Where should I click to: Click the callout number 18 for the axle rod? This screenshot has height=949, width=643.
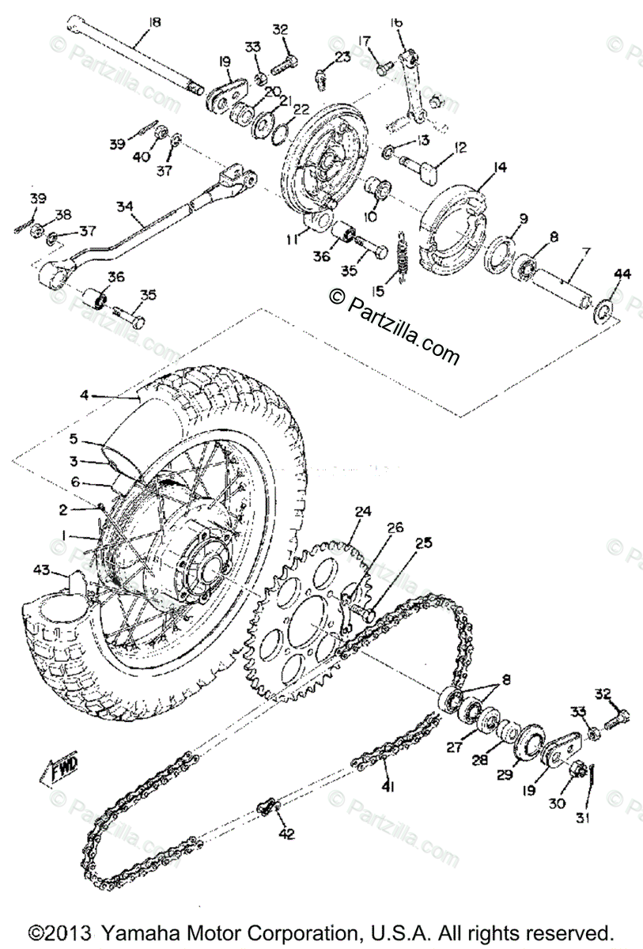tap(154, 22)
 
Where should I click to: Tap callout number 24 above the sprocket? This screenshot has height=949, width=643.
tap(362, 511)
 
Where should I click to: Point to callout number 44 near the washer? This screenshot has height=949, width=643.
tap(622, 274)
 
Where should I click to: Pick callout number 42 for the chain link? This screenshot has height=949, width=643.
tap(284, 834)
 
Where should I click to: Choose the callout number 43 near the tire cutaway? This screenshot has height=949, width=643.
tap(42, 569)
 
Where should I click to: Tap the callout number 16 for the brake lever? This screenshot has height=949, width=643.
tap(397, 24)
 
